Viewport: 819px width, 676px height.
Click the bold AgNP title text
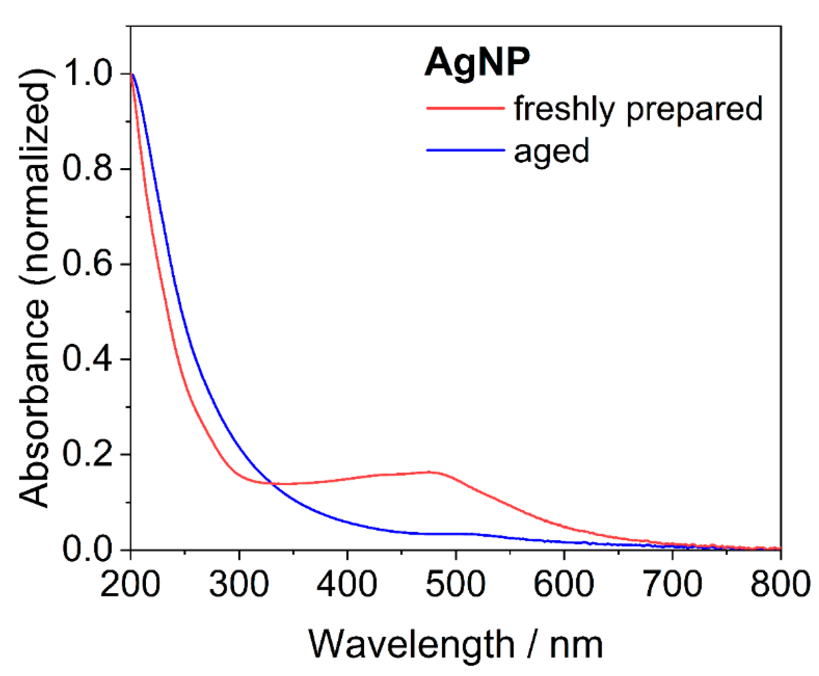pos(477,63)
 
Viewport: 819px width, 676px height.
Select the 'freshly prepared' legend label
pos(638,109)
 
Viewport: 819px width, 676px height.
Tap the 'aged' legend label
pos(551,150)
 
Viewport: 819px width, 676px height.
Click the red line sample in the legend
pos(465,108)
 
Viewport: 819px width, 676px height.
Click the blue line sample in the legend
pos(465,150)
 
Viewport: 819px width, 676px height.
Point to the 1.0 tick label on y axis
pos(88,74)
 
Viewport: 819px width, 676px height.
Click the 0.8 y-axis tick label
pos(88,169)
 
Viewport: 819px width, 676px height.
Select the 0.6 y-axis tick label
pos(88,264)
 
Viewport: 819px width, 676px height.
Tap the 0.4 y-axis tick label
pos(88,359)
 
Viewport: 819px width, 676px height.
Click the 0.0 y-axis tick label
pos(88,549)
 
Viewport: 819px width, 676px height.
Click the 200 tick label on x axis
pos(130,584)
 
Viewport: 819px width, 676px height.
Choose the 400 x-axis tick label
pos(347,584)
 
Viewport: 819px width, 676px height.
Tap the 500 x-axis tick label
pos(455,584)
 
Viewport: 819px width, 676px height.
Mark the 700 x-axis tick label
pos(672,584)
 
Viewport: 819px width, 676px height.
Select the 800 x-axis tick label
pos(780,584)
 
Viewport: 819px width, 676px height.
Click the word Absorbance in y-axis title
pos(34,404)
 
